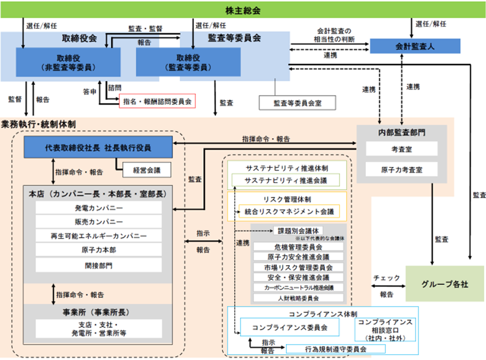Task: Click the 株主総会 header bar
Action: tap(243, 11)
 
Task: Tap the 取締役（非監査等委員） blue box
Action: tap(68, 62)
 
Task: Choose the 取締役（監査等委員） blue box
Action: tap(188, 62)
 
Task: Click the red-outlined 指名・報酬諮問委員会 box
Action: tap(157, 101)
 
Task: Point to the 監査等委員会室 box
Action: tap(297, 102)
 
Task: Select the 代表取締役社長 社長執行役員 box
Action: tap(98, 148)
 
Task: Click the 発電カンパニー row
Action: tap(98, 208)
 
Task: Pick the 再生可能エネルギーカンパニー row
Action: tap(98, 236)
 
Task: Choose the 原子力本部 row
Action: tap(98, 250)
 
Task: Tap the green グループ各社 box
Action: tap(444, 283)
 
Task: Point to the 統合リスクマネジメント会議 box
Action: tap(290, 211)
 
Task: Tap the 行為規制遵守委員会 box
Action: tap(331, 349)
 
